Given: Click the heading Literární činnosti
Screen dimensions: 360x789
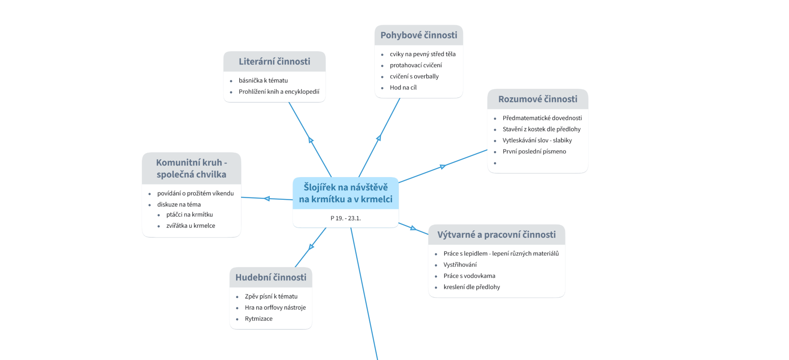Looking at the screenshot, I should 274,62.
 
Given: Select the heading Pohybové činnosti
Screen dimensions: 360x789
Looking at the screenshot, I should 418,35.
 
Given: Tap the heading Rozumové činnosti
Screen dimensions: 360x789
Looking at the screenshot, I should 537,99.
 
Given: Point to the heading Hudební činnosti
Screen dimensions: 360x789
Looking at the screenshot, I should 271,277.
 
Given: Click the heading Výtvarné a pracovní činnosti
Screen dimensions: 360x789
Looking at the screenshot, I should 496,234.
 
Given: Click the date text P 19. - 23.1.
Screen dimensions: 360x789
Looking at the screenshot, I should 345,218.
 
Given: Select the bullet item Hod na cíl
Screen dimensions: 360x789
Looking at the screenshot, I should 403,88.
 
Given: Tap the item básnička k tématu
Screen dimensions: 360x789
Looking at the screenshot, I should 263,81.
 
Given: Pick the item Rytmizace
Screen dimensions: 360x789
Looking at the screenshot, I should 258,319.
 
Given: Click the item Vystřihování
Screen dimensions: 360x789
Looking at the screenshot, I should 460,265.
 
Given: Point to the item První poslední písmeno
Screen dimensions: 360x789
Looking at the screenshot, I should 534,152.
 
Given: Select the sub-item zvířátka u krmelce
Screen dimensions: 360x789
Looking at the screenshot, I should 190,225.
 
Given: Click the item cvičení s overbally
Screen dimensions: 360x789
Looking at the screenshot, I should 414,76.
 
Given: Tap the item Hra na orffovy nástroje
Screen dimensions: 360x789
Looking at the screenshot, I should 275,308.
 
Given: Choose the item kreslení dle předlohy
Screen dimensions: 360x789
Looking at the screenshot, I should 471,287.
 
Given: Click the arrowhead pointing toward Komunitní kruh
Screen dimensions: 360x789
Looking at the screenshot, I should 267,199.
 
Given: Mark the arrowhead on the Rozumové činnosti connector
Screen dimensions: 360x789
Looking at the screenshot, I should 442,167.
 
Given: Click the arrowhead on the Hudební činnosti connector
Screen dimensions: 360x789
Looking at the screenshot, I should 312,247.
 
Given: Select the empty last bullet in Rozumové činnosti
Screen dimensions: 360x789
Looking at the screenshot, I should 495,163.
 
